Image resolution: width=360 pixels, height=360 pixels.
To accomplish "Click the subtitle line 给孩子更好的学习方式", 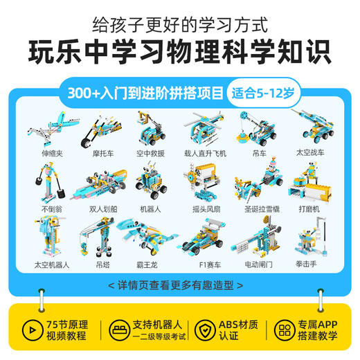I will pyautogui.click(x=180, y=26).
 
